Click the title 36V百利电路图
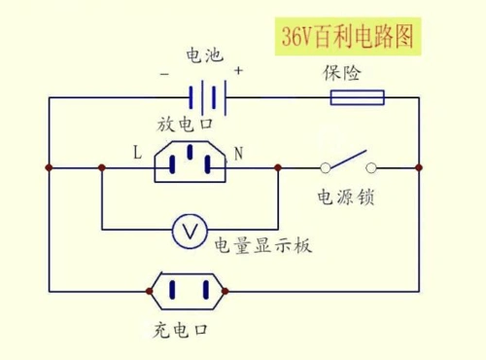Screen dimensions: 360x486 (x=349, y=38)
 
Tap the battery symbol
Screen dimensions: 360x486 (x=207, y=97)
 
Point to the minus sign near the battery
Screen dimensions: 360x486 (x=165, y=73)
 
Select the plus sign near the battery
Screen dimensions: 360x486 (x=238, y=71)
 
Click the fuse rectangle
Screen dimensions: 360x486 (x=358, y=97)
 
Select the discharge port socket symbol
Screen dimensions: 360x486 (x=190, y=162)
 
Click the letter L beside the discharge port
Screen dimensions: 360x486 (x=138, y=151)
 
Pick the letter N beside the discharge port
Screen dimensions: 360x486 (x=239, y=152)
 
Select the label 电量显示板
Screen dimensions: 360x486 (x=262, y=245)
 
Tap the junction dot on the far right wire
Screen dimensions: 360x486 (x=419, y=168)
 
